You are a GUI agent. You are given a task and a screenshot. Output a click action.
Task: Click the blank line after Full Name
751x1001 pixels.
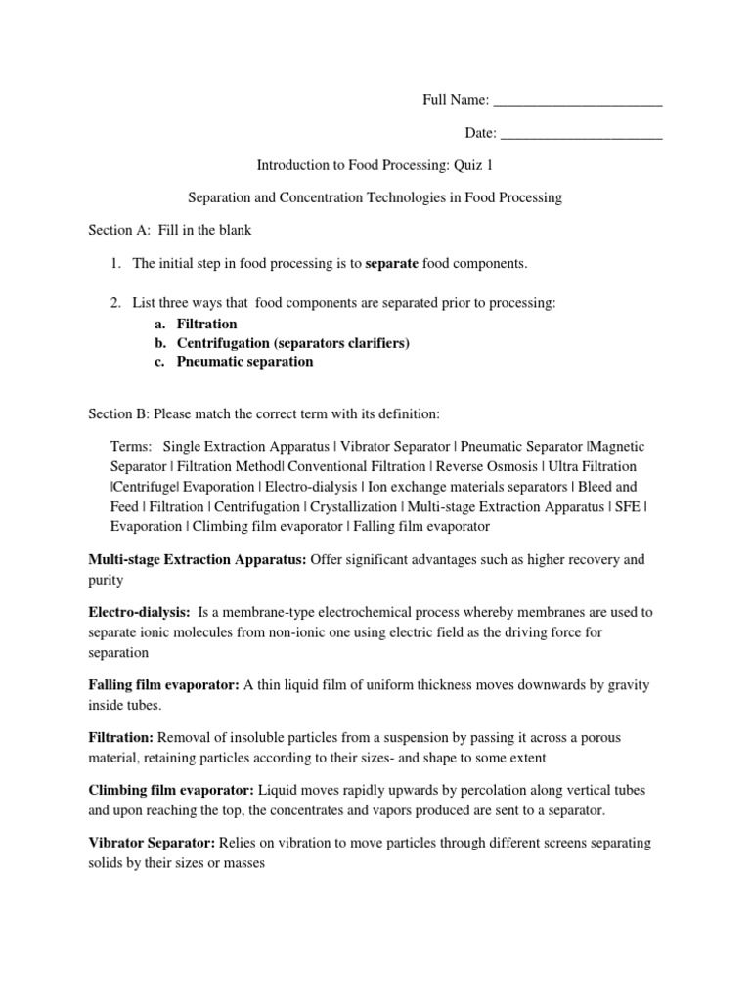[578, 101]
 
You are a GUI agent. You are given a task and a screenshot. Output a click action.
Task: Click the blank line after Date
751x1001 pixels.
[581, 134]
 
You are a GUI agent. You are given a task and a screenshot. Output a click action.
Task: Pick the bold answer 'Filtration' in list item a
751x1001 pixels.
[206, 324]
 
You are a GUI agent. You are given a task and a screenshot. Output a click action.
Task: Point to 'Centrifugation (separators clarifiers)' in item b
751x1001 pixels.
[293, 343]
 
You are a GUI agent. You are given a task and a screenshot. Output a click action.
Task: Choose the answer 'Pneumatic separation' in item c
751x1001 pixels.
[244, 362]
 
